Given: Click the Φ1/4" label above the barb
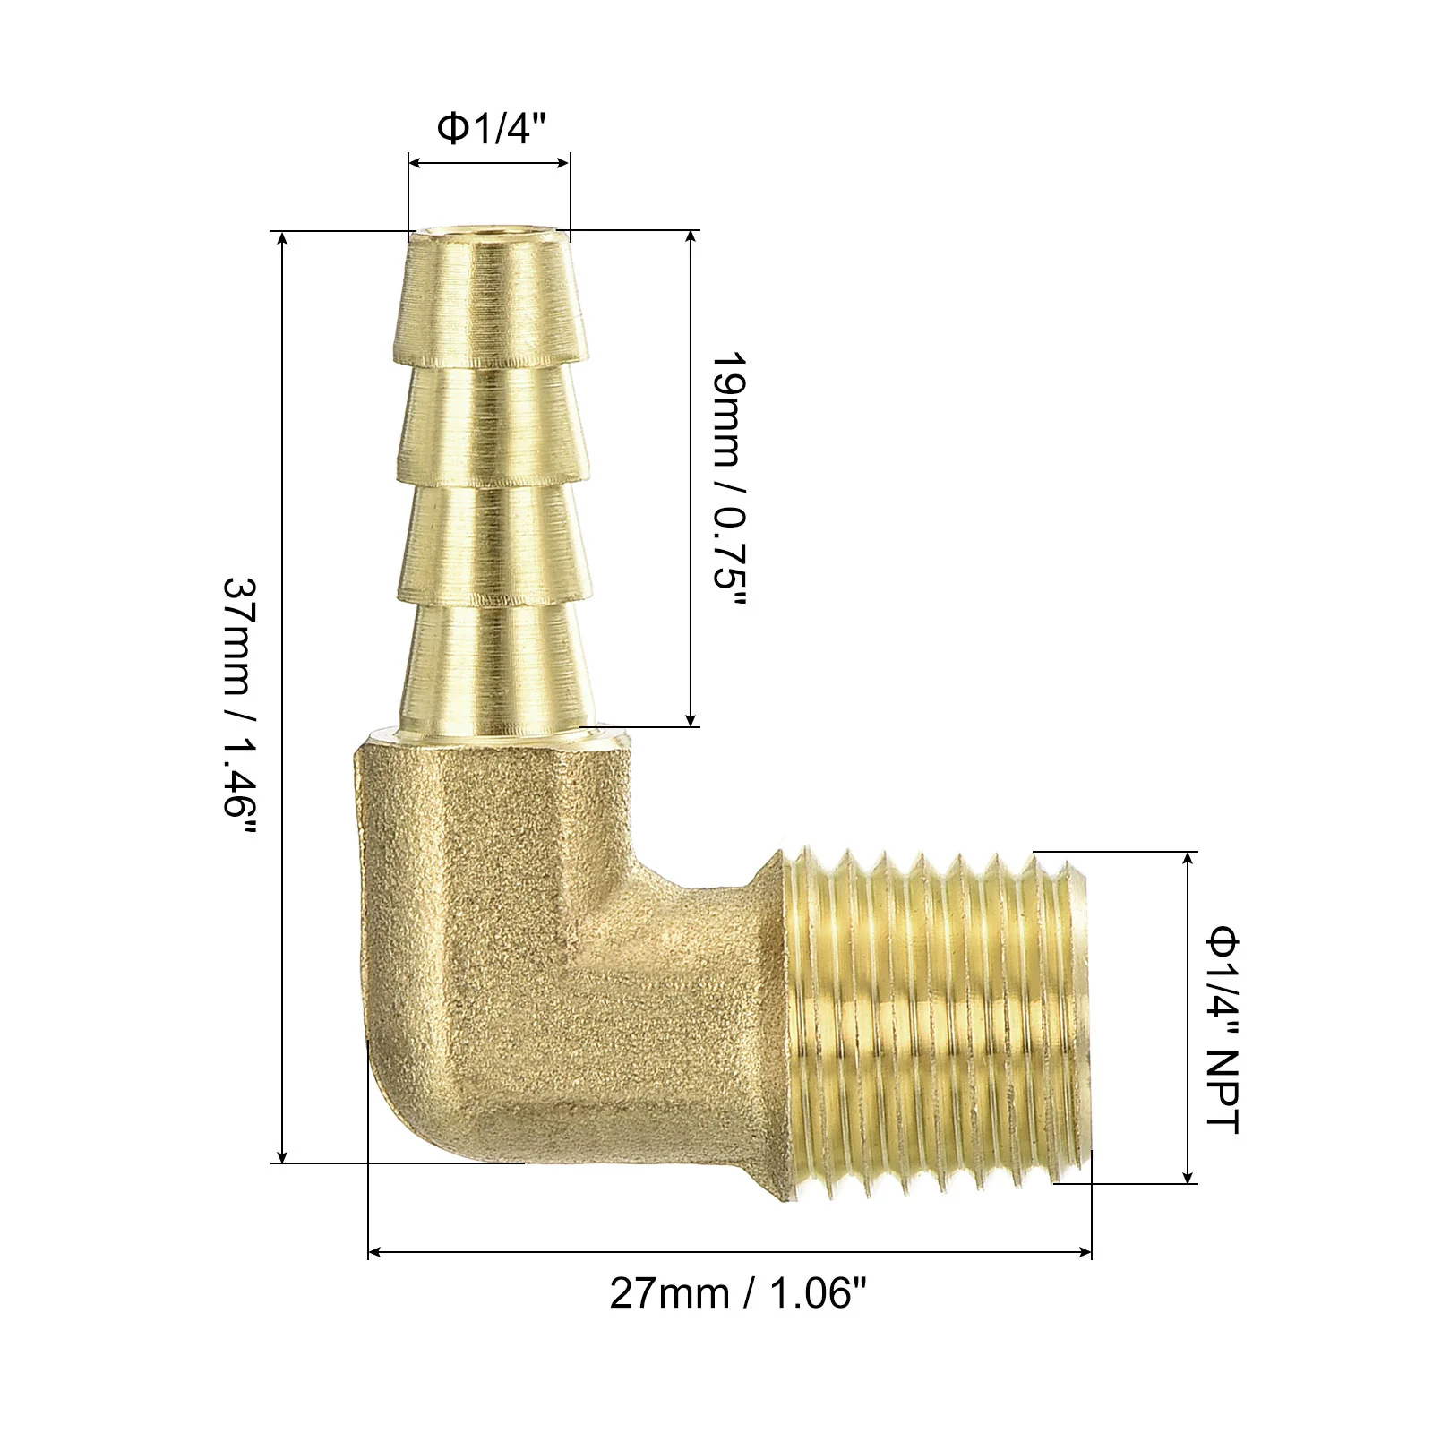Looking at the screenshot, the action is point(490,130).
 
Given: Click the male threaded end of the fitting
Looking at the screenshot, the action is point(936,1021).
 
